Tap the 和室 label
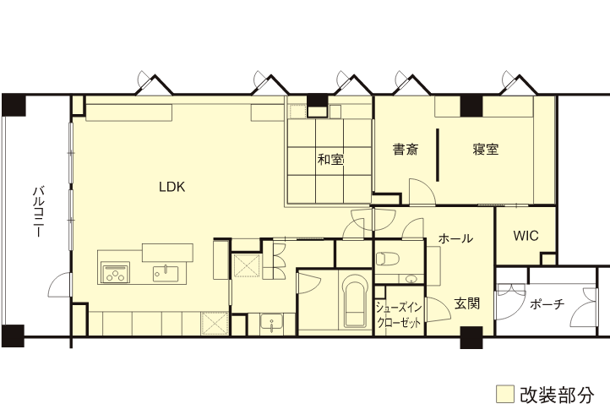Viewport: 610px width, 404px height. (x=330, y=158)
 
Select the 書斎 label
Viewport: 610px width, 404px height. (x=405, y=150)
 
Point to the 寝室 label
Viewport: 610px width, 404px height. (x=485, y=150)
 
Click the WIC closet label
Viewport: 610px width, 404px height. (x=526, y=236)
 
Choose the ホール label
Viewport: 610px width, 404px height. (x=455, y=239)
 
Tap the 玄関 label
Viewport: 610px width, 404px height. (x=466, y=303)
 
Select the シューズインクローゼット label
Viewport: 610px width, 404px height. (x=399, y=315)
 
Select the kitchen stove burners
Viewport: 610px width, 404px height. (x=114, y=272)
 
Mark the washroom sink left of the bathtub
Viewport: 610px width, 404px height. (x=270, y=322)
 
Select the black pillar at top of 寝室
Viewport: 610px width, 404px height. (x=471, y=106)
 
